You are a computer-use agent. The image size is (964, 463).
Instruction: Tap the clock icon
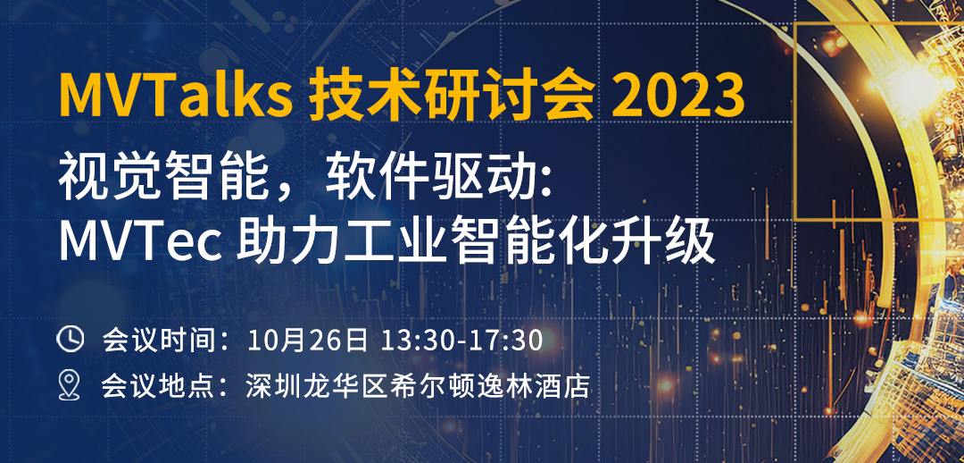(71, 340)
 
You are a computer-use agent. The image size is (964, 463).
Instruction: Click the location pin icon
(70, 386)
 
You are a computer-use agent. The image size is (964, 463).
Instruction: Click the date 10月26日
(307, 340)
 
